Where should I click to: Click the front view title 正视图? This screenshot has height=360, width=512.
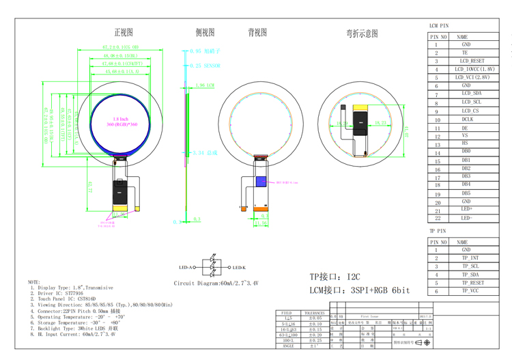[x=124, y=32]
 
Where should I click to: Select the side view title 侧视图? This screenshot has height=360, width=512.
[x=205, y=32]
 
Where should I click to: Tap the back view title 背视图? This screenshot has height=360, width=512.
[x=257, y=32]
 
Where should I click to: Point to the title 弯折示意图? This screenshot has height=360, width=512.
[x=362, y=33]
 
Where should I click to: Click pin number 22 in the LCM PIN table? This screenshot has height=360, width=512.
[x=437, y=219]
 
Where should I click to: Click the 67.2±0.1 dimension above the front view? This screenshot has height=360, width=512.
[x=121, y=47]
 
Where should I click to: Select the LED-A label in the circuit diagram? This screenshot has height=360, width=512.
[x=186, y=268]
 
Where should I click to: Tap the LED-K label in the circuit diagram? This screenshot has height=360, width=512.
[x=239, y=268]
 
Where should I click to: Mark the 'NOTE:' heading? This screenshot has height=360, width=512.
[x=34, y=281]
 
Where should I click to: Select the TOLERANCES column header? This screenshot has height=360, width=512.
[x=315, y=312]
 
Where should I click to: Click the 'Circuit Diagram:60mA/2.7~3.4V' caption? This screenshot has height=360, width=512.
[x=216, y=282]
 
